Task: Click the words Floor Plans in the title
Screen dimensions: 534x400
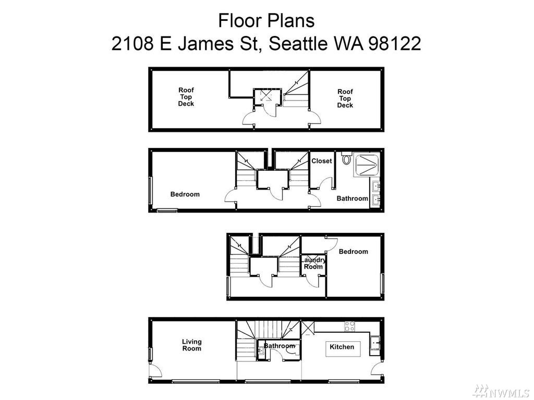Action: tap(266, 20)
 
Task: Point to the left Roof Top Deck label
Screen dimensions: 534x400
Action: tap(186, 97)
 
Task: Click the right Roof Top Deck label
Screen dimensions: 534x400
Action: tap(345, 98)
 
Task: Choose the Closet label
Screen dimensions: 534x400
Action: tap(321, 161)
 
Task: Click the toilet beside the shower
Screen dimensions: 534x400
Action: tap(346, 158)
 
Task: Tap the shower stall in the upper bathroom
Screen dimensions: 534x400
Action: tap(367, 165)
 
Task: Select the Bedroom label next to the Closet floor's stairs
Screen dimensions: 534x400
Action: tap(185, 194)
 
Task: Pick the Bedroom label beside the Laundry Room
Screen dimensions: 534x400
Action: tap(353, 252)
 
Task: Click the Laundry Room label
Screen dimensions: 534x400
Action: tap(313, 263)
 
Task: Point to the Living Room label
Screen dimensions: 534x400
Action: tap(192, 345)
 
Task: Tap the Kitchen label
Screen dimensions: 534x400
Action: tap(342, 347)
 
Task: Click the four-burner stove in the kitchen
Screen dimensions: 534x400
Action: tap(349, 326)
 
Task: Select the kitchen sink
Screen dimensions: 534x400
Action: tap(375, 342)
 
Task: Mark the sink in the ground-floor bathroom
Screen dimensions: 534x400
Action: tap(261, 351)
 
